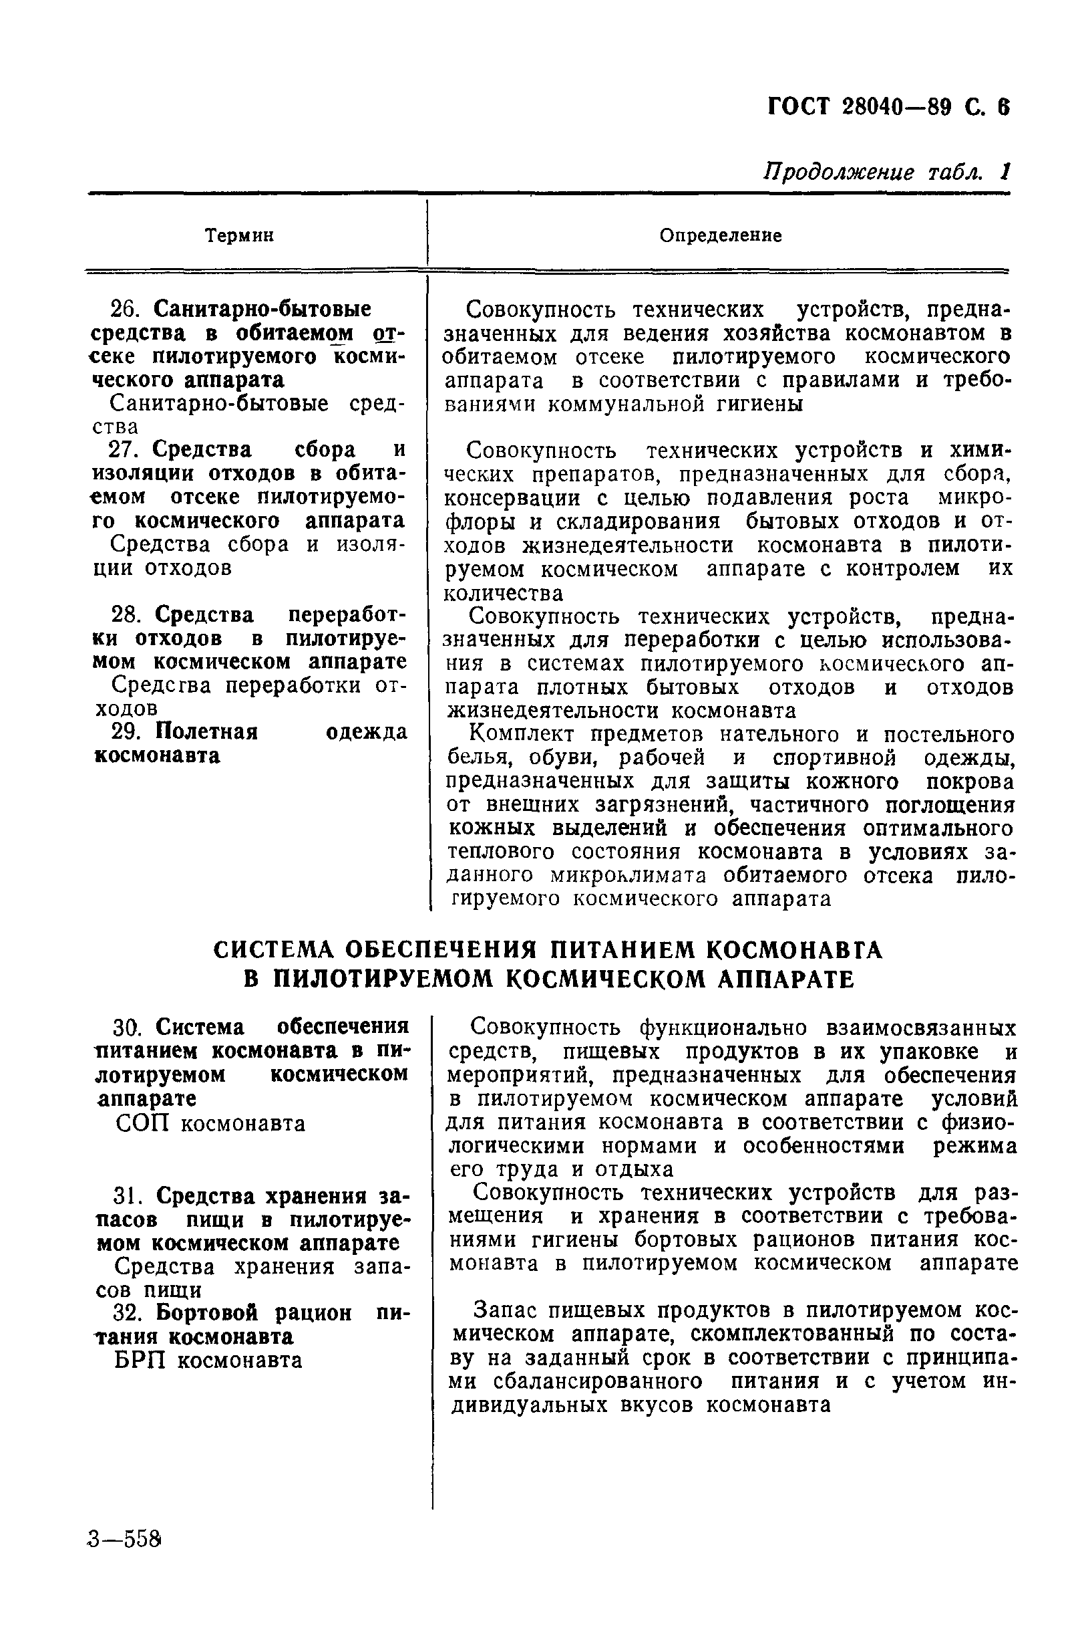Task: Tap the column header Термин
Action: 240,235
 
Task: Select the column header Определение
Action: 720,235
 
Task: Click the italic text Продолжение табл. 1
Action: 886,172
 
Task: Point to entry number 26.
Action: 125,309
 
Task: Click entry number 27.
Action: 125,450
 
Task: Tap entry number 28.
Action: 125,615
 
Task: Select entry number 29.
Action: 125,732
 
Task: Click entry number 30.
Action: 128,1026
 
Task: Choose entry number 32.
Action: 128,1313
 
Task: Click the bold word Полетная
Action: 206,732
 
